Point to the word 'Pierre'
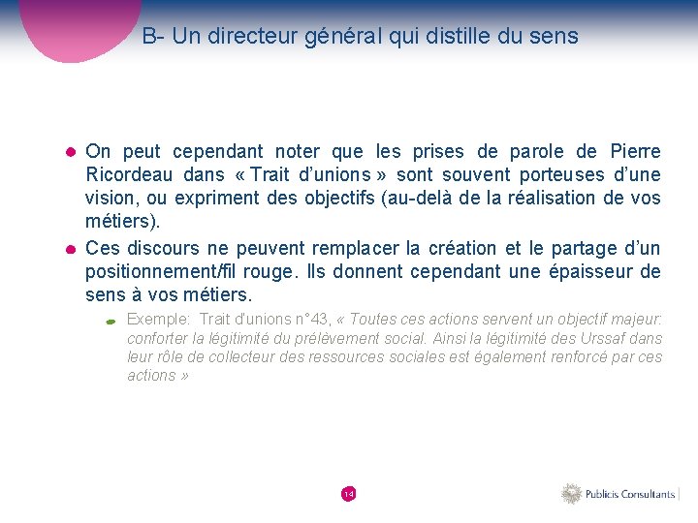coord(635,152)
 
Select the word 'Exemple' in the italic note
coord(158,319)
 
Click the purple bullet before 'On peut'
coord(71,153)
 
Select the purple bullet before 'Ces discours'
coord(71,250)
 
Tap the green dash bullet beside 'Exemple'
coord(111,321)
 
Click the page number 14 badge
coord(349,494)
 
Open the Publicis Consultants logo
coord(619,494)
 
